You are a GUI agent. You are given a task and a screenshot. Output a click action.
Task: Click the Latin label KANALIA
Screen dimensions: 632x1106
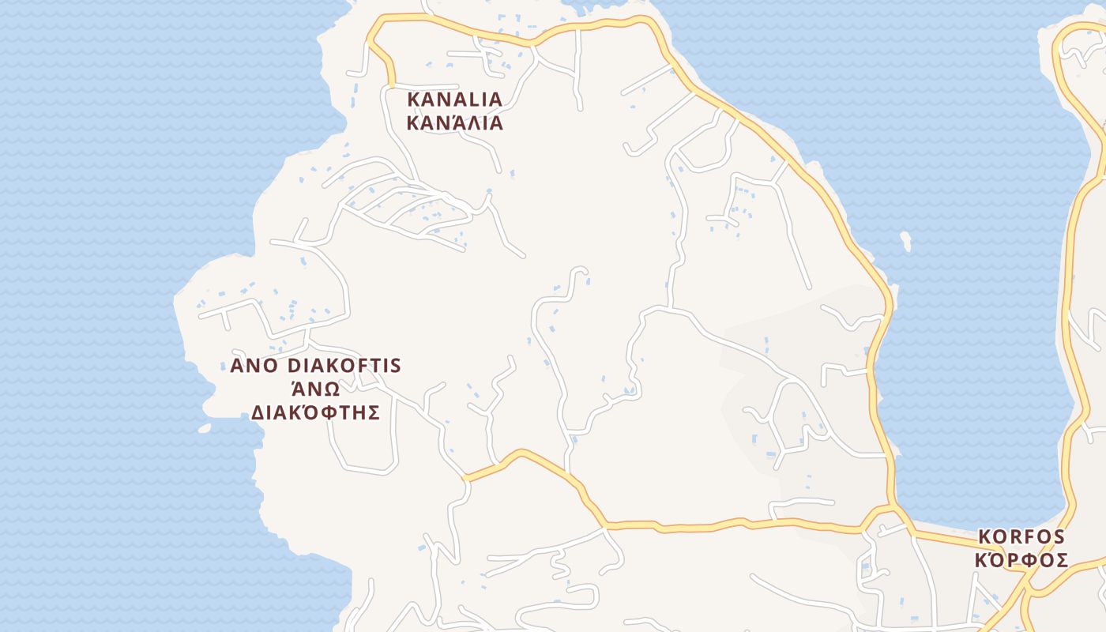pos(454,100)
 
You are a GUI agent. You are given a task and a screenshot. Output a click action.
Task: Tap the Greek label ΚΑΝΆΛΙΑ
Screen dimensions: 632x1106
pos(454,123)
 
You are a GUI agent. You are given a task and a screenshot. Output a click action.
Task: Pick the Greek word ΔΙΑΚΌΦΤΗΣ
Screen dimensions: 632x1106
pos(315,412)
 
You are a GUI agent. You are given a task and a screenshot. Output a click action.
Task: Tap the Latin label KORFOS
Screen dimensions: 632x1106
pos(1021,537)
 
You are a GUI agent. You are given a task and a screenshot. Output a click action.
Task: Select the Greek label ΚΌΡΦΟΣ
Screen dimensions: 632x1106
pos(1021,561)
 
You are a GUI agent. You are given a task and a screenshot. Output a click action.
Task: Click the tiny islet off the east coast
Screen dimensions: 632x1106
pos(905,239)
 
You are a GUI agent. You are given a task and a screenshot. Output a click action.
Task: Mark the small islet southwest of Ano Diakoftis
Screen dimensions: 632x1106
pos(205,428)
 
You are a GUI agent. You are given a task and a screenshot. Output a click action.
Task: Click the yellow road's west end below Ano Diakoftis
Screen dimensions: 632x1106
pos(466,478)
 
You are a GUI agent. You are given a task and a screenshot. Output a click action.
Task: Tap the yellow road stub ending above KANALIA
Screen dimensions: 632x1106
pos(390,82)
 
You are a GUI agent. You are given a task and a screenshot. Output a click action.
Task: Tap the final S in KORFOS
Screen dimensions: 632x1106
pos(1059,537)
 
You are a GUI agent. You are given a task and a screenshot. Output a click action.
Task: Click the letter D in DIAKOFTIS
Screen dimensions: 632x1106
pos(295,366)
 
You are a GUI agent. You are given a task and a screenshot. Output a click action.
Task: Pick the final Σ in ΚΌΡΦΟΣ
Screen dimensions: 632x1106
pos(1063,561)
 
